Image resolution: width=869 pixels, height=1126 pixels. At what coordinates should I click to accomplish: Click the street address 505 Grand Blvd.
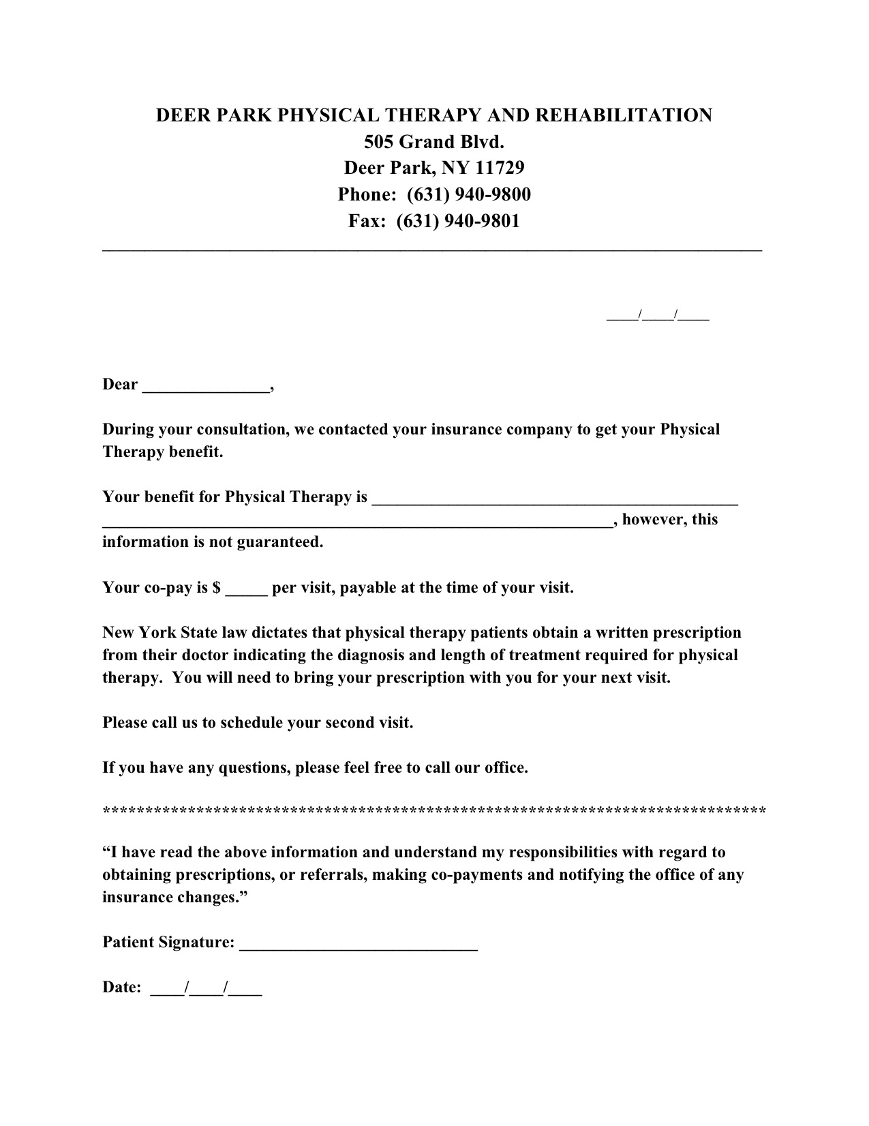pos(434,142)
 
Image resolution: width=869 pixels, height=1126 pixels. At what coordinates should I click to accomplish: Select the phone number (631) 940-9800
pos(469,194)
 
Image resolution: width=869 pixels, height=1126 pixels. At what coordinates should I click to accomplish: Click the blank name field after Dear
pos(205,386)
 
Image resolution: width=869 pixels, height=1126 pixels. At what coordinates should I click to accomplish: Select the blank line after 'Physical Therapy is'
pos(555,499)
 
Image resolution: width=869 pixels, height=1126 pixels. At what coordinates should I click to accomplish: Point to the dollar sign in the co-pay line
pos(217,588)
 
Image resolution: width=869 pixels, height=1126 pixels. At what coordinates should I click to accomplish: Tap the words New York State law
pos(164,633)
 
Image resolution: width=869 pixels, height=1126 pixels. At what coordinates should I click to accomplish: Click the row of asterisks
pos(434,811)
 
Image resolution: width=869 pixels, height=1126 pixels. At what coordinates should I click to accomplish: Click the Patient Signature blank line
pos(359,944)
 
